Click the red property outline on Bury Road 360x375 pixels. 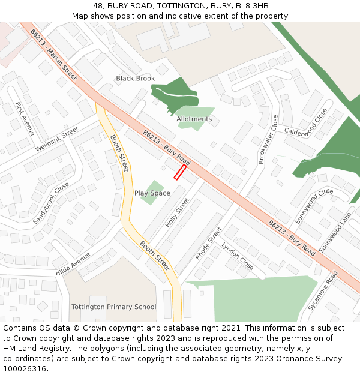point(179,173)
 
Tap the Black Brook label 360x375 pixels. point(135,79)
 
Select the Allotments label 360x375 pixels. point(194,119)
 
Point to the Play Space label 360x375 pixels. point(152,193)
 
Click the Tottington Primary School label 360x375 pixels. point(113,307)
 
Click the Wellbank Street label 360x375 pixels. point(57,139)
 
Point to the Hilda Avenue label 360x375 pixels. point(73,264)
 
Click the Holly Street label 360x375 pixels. point(178,212)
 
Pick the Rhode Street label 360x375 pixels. point(208,243)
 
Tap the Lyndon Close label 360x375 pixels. point(238,256)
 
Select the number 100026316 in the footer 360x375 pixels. point(25,369)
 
